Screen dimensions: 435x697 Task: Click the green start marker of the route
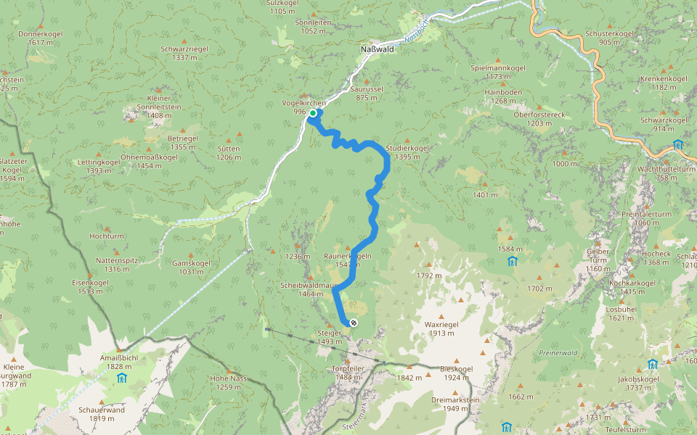coord(313,113)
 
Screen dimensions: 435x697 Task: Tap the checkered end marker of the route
coord(353,323)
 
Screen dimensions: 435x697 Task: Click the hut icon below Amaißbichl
coord(121,378)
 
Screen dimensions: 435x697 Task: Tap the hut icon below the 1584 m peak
coord(513,261)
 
